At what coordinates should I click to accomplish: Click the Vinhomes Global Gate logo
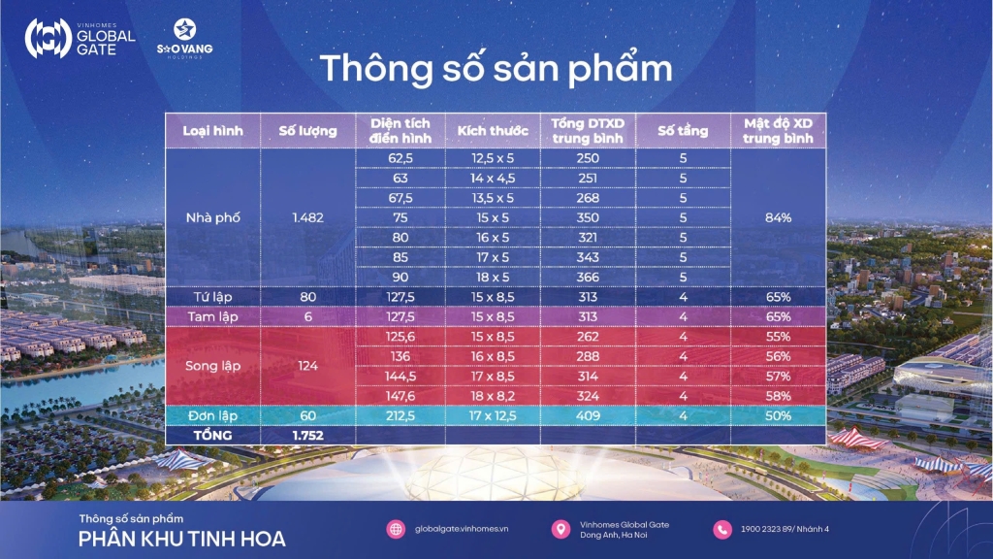80,38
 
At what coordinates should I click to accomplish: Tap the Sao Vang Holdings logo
185,39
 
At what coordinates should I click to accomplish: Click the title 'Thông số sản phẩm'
496,69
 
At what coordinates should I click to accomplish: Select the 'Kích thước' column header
493,131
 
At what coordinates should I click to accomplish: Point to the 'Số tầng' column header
683,131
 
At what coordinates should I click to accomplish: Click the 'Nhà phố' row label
212,218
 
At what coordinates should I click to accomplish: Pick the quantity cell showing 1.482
307,218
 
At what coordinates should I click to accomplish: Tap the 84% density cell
779,218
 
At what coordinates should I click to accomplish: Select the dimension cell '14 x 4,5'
493,179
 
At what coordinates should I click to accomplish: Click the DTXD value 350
588,218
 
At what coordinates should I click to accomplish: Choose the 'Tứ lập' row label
212,297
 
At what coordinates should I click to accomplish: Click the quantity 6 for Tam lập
307,317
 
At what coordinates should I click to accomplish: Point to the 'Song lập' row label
212,366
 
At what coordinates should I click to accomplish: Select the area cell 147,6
400,396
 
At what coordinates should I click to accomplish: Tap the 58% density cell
779,396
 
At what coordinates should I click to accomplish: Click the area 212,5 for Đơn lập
400,415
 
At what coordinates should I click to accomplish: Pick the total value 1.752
307,436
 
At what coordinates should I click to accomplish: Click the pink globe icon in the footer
396,529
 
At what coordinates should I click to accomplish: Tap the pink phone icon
722,529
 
